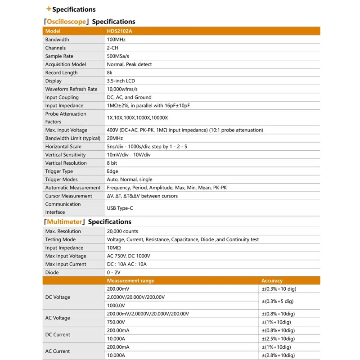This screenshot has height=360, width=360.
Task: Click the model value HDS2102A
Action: click(x=119, y=31)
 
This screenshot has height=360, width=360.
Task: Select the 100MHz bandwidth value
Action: click(x=116, y=40)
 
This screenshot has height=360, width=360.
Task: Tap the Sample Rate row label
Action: click(x=59, y=56)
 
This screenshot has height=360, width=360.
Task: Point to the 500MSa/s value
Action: click(x=118, y=56)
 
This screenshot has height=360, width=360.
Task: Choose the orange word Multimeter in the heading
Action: click(x=65, y=222)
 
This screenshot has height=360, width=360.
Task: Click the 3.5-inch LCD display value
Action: click(x=121, y=81)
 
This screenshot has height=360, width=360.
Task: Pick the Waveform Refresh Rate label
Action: click(x=71, y=89)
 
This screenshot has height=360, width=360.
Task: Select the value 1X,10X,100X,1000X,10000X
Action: click(x=137, y=118)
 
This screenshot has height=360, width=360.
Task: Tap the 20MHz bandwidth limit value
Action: click(x=115, y=138)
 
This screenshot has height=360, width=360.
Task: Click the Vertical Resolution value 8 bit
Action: click(x=112, y=163)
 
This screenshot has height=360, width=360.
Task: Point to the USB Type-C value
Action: click(x=120, y=208)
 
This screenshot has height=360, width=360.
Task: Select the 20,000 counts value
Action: click(x=122, y=231)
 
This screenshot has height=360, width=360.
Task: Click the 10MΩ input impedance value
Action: click(x=114, y=248)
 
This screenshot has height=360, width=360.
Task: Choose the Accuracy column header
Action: click(x=272, y=281)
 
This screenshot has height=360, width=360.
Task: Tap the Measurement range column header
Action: click(x=130, y=281)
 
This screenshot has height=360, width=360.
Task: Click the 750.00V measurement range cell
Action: click(x=116, y=322)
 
